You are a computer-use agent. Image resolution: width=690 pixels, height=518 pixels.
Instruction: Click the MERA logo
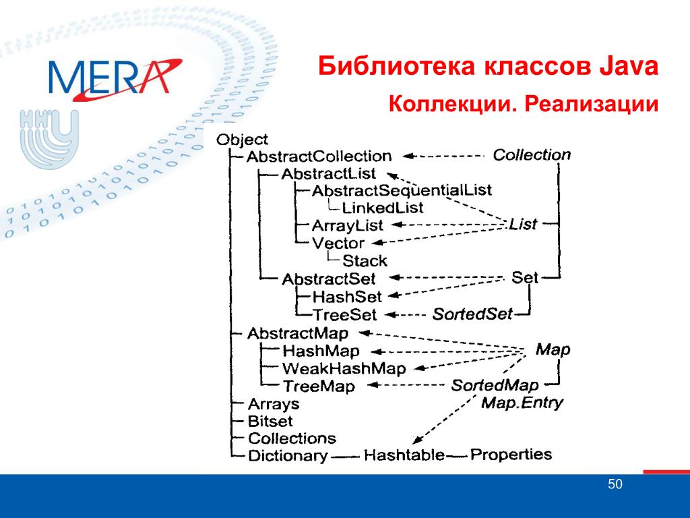(115, 78)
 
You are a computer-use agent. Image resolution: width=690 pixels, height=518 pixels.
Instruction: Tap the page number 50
(615, 484)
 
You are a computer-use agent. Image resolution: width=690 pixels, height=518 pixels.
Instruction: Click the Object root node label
(242, 140)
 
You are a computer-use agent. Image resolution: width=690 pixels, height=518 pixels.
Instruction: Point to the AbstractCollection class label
(319, 156)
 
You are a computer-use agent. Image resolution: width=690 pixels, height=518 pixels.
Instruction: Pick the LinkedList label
(383, 208)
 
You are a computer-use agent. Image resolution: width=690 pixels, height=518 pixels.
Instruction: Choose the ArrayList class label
(347, 225)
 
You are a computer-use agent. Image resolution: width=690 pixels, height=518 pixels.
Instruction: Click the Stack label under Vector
(365, 261)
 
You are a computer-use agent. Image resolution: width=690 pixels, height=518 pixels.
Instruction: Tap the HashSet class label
(347, 297)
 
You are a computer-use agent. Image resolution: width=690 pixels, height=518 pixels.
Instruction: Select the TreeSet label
(344, 314)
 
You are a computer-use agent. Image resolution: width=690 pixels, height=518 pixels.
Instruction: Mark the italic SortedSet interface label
(472, 314)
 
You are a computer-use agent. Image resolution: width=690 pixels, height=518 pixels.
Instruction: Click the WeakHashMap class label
(344, 368)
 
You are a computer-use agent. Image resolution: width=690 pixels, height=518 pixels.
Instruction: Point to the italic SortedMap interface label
(495, 385)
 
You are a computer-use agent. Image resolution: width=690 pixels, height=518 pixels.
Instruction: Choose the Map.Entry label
(522, 403)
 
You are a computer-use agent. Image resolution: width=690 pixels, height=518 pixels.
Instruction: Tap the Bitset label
(270, 421)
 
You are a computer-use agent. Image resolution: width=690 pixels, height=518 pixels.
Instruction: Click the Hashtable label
(404, 455)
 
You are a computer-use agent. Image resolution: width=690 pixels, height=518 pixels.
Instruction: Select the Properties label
(511, 455)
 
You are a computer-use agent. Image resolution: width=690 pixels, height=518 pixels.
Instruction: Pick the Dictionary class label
(288, 455)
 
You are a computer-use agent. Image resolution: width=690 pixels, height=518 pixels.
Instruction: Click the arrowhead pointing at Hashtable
(418, 439)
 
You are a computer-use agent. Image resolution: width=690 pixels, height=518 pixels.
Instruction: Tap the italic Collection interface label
(532, 154)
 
